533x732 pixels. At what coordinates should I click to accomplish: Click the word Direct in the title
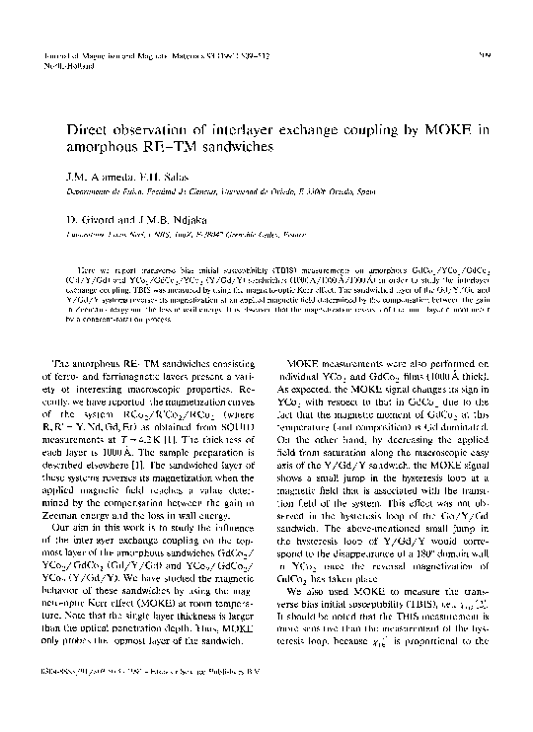coord(93,127)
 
